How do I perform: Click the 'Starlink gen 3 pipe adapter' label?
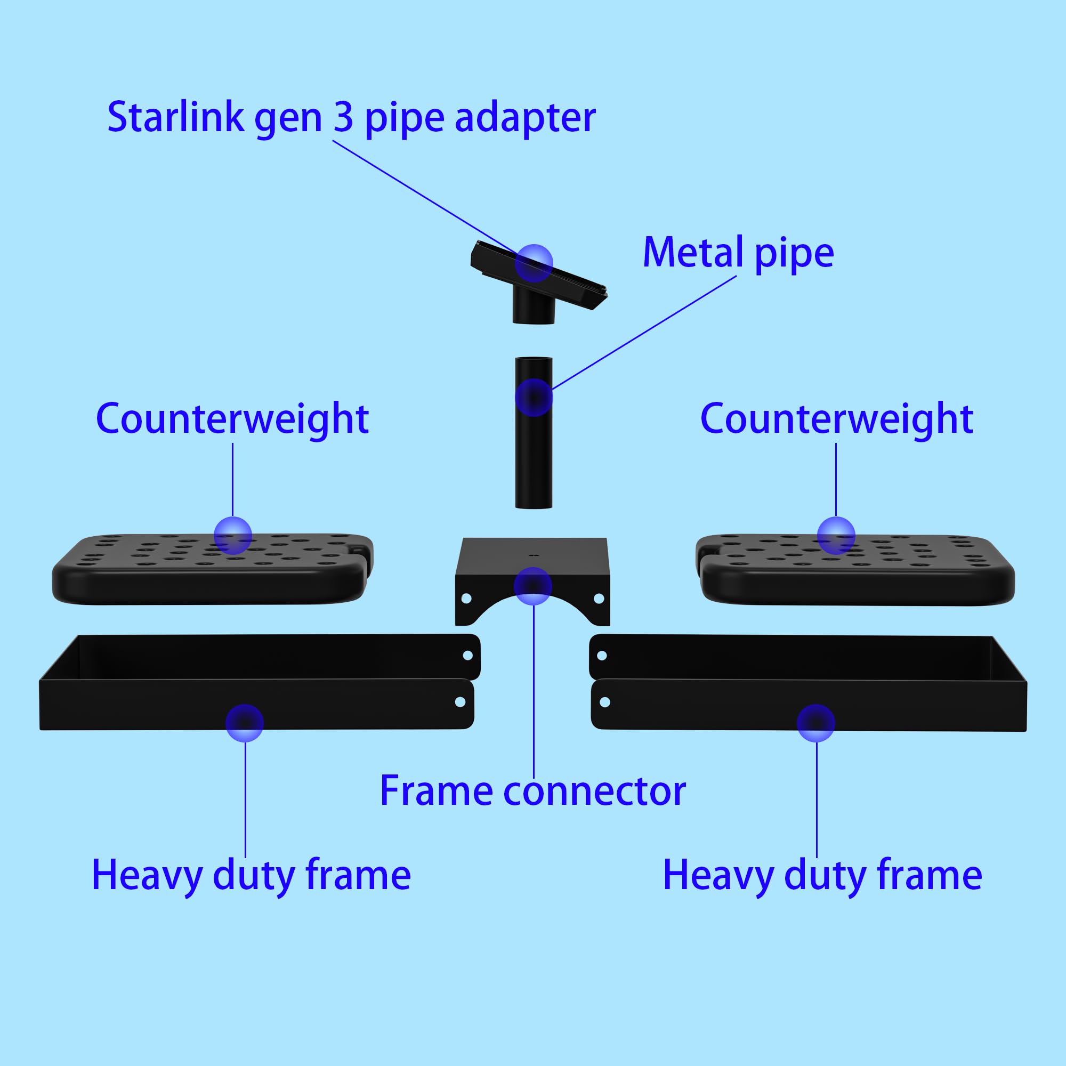pyautogui.click(x=351, y=117)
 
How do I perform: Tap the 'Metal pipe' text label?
pyautogui.click(x=738, y=252)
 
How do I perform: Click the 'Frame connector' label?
pyautogui.click(x=532, y=790)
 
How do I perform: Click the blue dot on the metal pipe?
pyautogui.click(x=534, y=397)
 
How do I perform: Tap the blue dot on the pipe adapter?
pyautogui.click(x=534, y=263)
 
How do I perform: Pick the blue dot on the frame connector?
pyautogui.click(x=532, y=586)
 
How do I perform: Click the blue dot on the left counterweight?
pyautogui.click(x=233, y=535)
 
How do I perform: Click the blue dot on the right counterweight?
pyautogui.click(x=836, y=535)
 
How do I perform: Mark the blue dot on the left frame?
pyautogui.click(x=245, y=723)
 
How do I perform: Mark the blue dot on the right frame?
pyautogui.click(x=815, y=723)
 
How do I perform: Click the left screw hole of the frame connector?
pyautogui.click(x=466, y=598)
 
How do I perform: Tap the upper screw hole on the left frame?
pyautogui.click(x=467, y=656)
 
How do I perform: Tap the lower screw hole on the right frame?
pyautogui.click(x=605, y=702)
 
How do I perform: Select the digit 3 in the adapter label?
pyautogui.click(x=343, y=117)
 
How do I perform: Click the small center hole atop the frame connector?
pyautogui.click(x=532, y=556)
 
